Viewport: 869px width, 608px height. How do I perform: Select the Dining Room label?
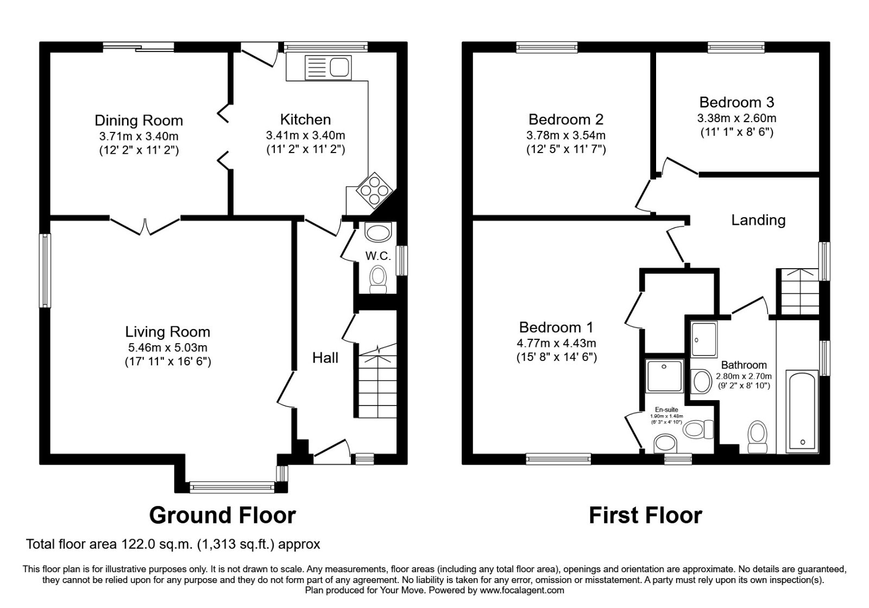pos(138,121)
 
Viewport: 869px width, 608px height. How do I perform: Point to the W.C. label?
pos(377,256)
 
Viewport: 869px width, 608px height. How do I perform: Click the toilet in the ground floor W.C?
pos(377,279)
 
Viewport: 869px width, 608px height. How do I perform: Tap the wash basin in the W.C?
pos(377,233)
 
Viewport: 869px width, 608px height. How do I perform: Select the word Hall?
pos(325,357)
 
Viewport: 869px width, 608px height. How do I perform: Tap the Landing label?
pos(758,220)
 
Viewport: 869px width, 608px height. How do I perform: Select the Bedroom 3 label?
pos(736,102)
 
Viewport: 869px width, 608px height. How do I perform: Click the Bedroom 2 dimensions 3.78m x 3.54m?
pos(565,135)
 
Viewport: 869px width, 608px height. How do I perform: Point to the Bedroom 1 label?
pos(556,327)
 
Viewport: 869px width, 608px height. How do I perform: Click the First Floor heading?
pos(645,515)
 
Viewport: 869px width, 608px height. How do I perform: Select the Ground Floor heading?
pos(222,515)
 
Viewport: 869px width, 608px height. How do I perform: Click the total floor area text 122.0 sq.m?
pos(173,544)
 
